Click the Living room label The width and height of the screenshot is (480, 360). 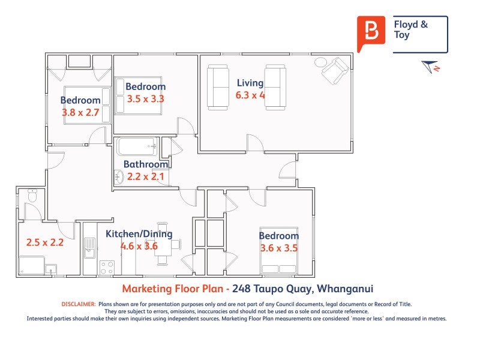[250, 83]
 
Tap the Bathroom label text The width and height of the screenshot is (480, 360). [146, 164]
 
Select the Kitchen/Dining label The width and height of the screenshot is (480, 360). [139, 234]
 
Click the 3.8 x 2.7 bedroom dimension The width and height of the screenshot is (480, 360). [80, 112]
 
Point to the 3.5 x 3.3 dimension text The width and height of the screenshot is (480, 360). [145, 99]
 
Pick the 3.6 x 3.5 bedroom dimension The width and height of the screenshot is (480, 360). [279, 248]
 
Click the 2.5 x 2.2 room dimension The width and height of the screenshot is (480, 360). [44, 242]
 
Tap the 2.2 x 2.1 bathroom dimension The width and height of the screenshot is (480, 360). [145, 176]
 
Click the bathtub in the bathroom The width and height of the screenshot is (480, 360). [137, 146]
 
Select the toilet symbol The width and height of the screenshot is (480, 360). [32, 196]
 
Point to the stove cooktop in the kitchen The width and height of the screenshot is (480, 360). [107, 268]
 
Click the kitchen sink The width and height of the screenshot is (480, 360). [90, 248]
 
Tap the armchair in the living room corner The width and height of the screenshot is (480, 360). [335, 71]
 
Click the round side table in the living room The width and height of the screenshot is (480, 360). [320, 62]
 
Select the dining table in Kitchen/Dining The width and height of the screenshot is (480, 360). [162, 244]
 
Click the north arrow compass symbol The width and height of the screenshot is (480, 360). [430, 67]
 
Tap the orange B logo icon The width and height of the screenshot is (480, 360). [371, 34]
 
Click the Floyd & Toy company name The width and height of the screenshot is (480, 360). [410, 29]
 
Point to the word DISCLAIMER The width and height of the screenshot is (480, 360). [79, 304]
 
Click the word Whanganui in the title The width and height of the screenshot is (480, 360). [345, 289]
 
